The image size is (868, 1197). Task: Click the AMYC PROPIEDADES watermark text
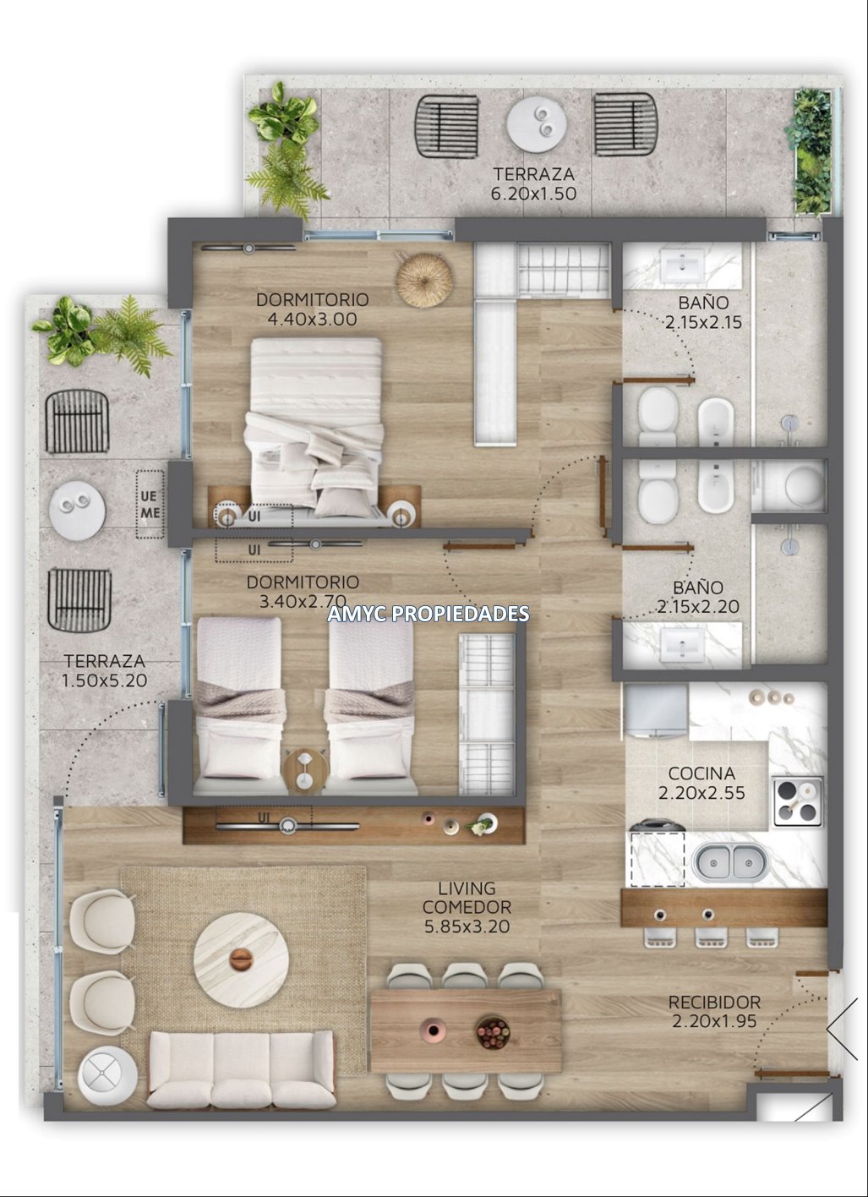(428, 614)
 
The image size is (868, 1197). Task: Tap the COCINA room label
(701, 773)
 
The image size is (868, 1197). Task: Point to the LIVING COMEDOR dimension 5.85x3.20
(467, 926)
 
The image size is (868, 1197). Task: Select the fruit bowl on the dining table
(493, 1032)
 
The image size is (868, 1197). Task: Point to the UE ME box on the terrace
(150, 505)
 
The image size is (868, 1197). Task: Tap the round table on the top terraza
(535, 124)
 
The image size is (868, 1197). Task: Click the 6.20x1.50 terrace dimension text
(533, 194)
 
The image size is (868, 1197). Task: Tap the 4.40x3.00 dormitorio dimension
(312, 320)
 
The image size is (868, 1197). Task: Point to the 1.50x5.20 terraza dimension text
(104, 680)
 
